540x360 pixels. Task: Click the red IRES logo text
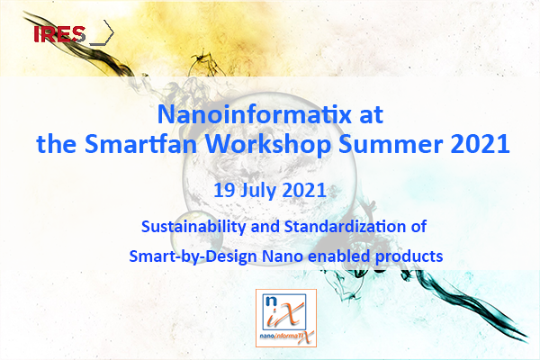(59, 34)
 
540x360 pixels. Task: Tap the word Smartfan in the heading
(140, 144)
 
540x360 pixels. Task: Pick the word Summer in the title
(391, 144)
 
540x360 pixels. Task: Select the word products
(409, 257)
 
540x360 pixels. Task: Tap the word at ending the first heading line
(371, 115)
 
